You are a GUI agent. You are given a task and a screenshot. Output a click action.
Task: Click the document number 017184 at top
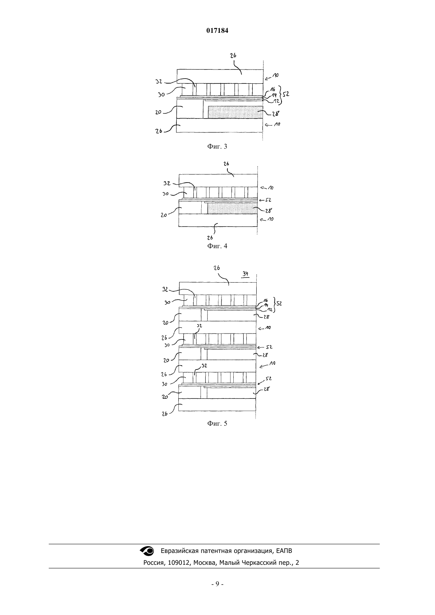click(217, 31)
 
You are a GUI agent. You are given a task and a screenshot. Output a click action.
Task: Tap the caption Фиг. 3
click(217, 146)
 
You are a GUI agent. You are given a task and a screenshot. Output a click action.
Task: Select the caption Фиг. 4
click(217, 246)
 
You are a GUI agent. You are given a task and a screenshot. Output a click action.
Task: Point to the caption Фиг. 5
click(217, 423)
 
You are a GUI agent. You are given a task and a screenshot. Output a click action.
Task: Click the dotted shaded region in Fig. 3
click(235, 113)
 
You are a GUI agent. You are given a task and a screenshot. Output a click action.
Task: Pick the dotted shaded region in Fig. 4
click(233, 208)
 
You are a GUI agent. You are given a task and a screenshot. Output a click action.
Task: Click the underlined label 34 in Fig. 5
click(245, 274)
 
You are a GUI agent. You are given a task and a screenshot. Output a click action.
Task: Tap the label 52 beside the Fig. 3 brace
click(286, 94)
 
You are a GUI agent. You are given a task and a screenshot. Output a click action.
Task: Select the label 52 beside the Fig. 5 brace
click(279, 304)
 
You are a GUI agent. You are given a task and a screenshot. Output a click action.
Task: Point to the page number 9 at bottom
click(217, 584)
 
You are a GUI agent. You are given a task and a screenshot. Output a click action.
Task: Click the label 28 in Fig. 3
click(276, 113)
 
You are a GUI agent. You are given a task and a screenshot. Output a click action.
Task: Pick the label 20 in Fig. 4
click(164, 215)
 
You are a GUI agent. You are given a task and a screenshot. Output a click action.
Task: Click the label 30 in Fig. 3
click(161, 94)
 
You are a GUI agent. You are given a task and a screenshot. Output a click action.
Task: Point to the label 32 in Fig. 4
click(167, 183)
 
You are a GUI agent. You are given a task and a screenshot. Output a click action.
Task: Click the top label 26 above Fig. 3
click(233, 55)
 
